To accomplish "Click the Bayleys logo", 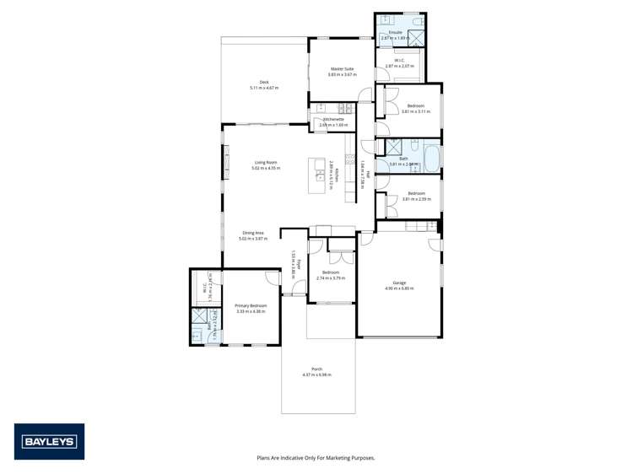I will [49, 441].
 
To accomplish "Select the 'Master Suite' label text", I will [342, 69].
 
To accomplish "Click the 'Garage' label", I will [399, 283].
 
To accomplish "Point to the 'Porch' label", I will [317, 369].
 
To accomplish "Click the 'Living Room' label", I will [266, 163].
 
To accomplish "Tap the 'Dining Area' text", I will [253, 233].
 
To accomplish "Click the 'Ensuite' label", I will [395, 33].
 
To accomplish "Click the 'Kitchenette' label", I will [333, 120].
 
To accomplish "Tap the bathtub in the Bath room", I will [430, 158].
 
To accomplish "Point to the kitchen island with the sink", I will [319, 175].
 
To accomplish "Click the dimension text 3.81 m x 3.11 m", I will [416, 111].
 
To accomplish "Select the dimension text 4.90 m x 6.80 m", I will [399, 288].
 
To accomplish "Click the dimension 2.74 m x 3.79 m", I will [330, 277].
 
